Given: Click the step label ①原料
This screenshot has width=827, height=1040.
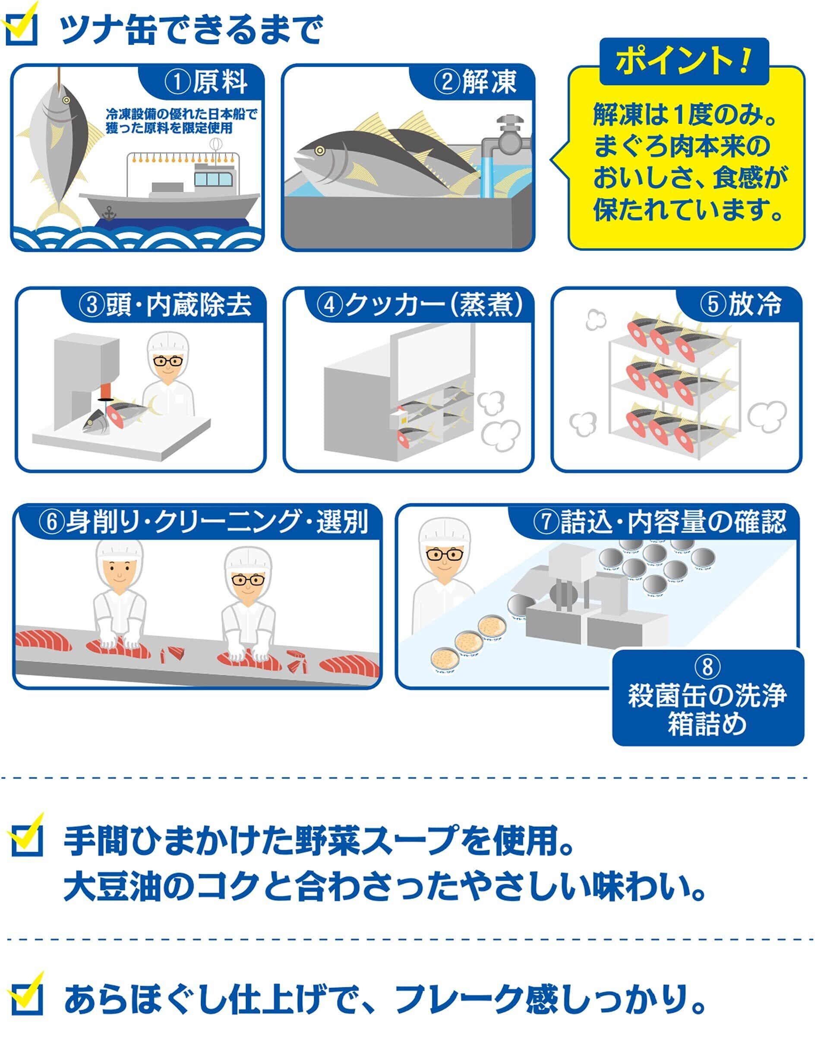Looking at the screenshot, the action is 206,81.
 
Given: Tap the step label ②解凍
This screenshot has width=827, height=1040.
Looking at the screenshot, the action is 475,81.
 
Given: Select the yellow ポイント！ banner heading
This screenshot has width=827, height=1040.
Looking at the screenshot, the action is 683,61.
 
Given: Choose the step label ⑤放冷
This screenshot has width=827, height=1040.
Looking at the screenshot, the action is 740,304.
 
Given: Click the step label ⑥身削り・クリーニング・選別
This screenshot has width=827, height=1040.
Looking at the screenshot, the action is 202,521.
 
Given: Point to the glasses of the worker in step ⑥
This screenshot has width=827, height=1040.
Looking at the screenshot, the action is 249,579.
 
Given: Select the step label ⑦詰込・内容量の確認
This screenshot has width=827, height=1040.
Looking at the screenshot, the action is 659,521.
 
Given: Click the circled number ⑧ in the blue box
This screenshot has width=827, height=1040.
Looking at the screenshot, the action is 707,667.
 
